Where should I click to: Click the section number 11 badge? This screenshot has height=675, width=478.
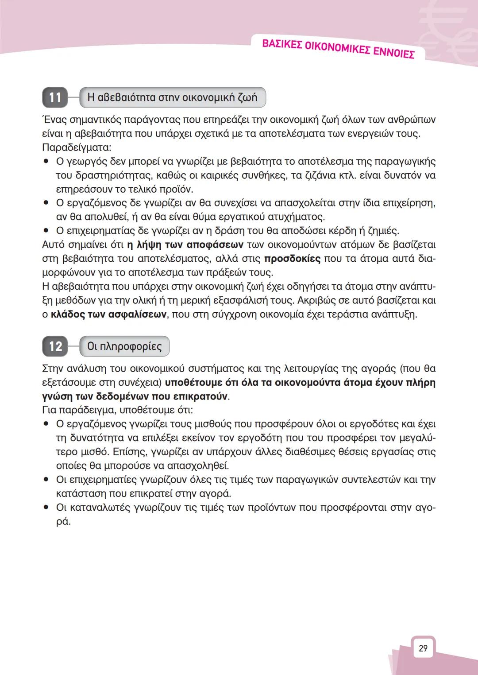55,97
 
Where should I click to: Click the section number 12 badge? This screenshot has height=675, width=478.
55,346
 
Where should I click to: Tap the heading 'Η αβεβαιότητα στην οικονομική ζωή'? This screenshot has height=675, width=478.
172,97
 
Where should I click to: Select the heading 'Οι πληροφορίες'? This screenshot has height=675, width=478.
124,346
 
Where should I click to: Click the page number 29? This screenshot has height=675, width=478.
423,648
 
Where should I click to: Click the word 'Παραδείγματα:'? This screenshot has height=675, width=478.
76,147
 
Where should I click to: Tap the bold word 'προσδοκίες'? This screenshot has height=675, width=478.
292,259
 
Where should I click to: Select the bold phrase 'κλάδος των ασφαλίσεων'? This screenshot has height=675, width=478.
109,314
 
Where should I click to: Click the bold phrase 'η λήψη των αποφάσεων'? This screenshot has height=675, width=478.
185,244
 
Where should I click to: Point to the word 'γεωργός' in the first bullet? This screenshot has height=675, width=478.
86,161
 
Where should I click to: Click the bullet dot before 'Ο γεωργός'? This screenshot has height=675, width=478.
46,161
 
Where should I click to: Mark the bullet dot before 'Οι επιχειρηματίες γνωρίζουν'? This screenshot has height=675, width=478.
46,480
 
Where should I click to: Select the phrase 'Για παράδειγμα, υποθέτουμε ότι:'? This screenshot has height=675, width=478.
117,410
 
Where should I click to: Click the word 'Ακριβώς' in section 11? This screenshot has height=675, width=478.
319,301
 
